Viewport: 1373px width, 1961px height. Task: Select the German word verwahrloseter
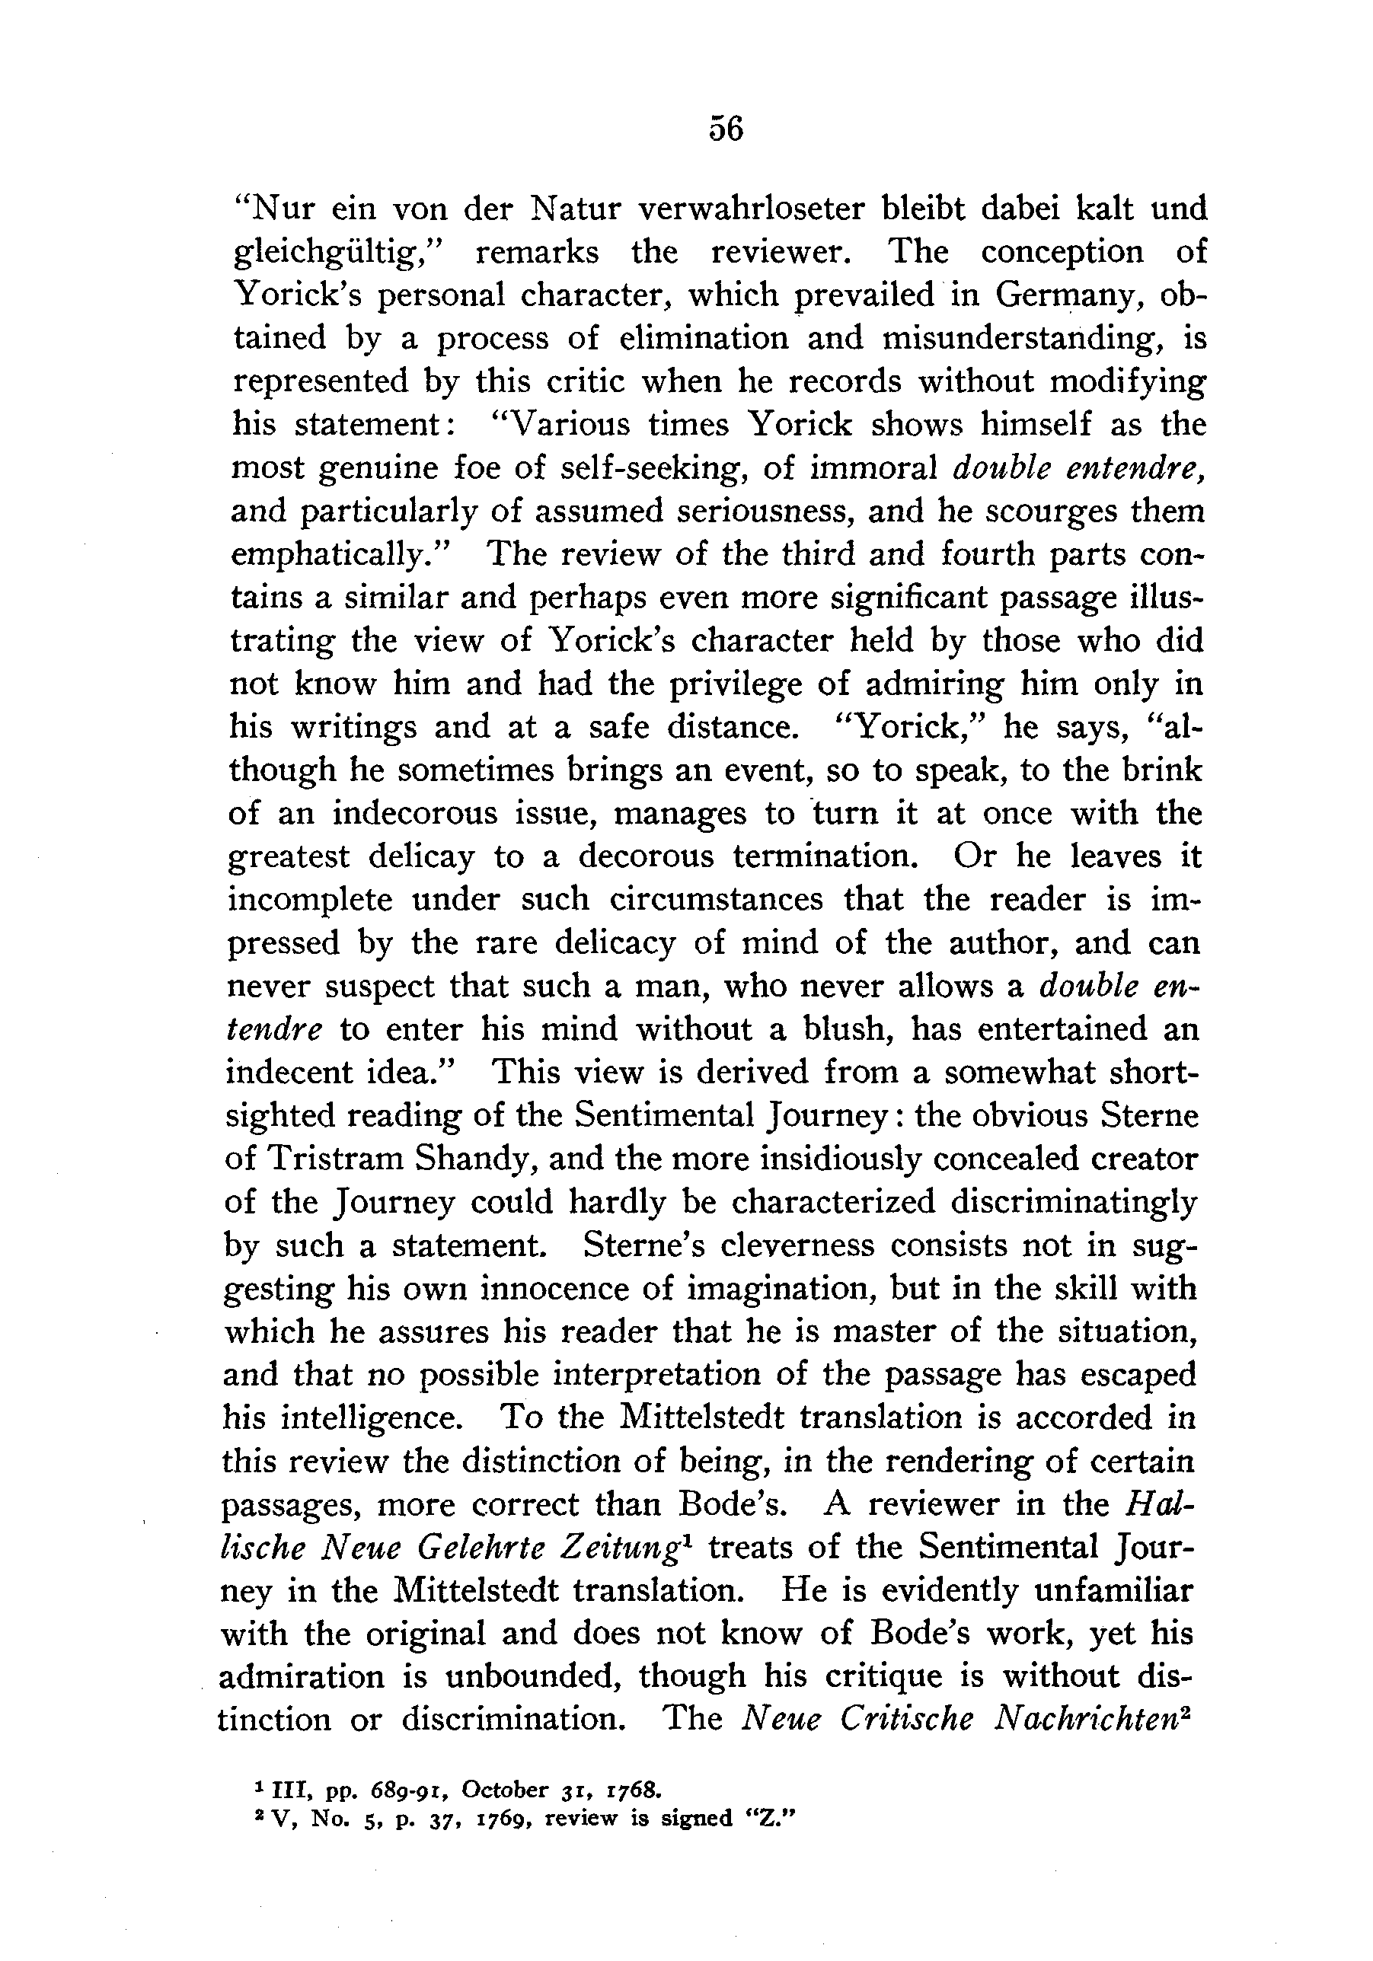point(752,208)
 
